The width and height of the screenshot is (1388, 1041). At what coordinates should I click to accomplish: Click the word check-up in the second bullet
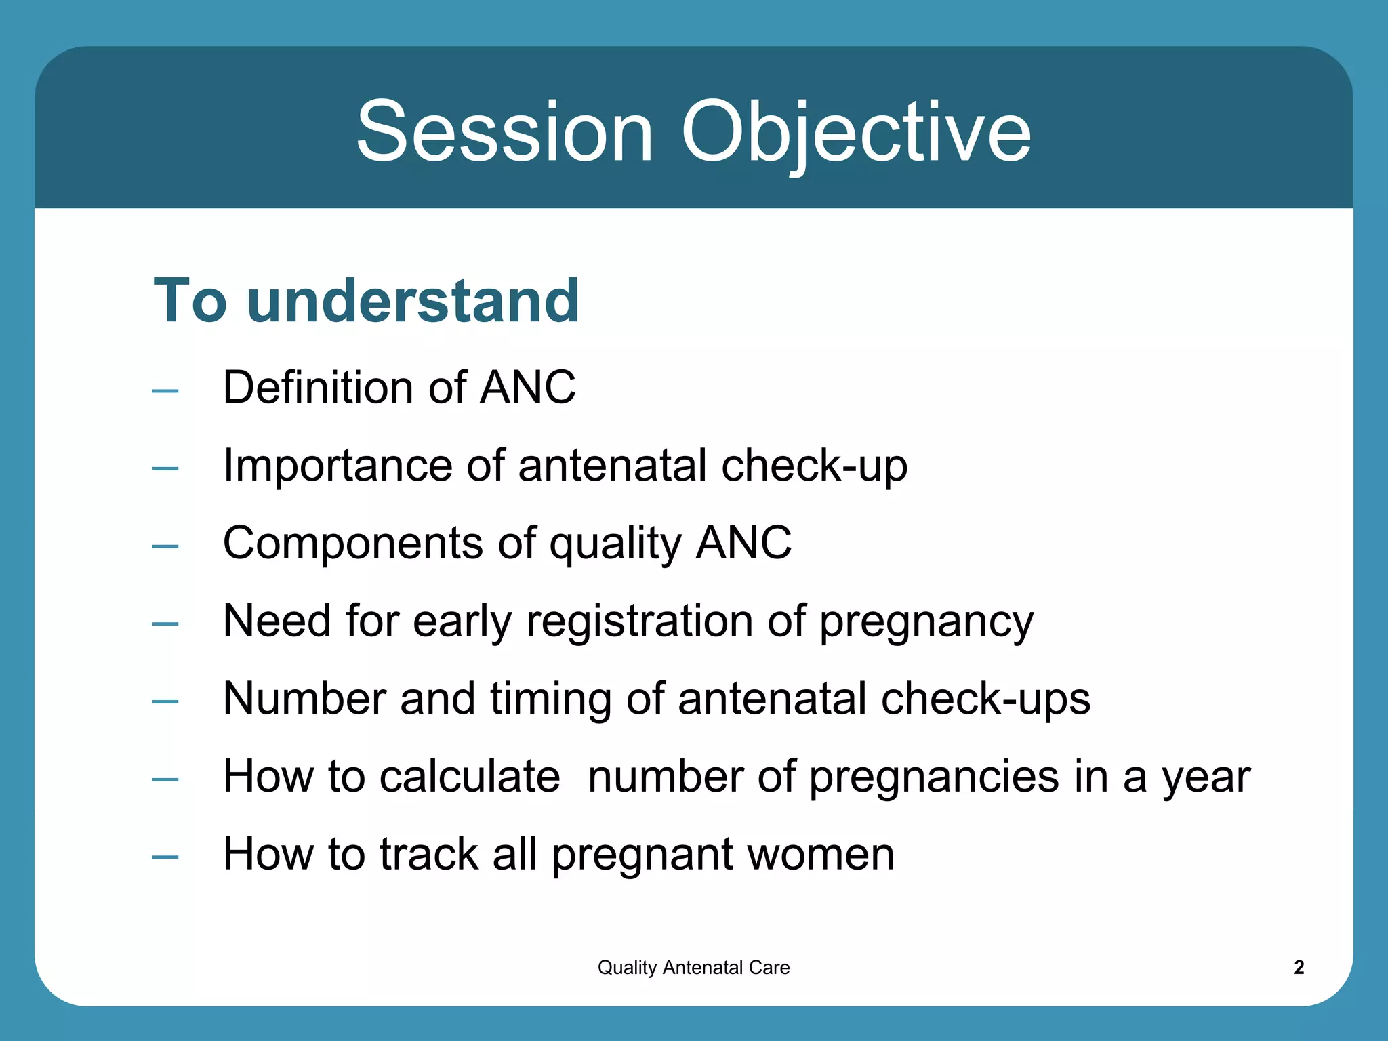814,466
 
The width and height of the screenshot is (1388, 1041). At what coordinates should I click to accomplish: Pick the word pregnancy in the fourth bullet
926,622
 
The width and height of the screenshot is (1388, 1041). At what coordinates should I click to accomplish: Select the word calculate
469,776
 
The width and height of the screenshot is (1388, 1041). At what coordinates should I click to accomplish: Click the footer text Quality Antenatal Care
693,967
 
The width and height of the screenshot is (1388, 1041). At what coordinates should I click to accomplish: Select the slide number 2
1299,967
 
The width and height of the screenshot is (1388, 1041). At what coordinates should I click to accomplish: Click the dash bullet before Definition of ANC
165,390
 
